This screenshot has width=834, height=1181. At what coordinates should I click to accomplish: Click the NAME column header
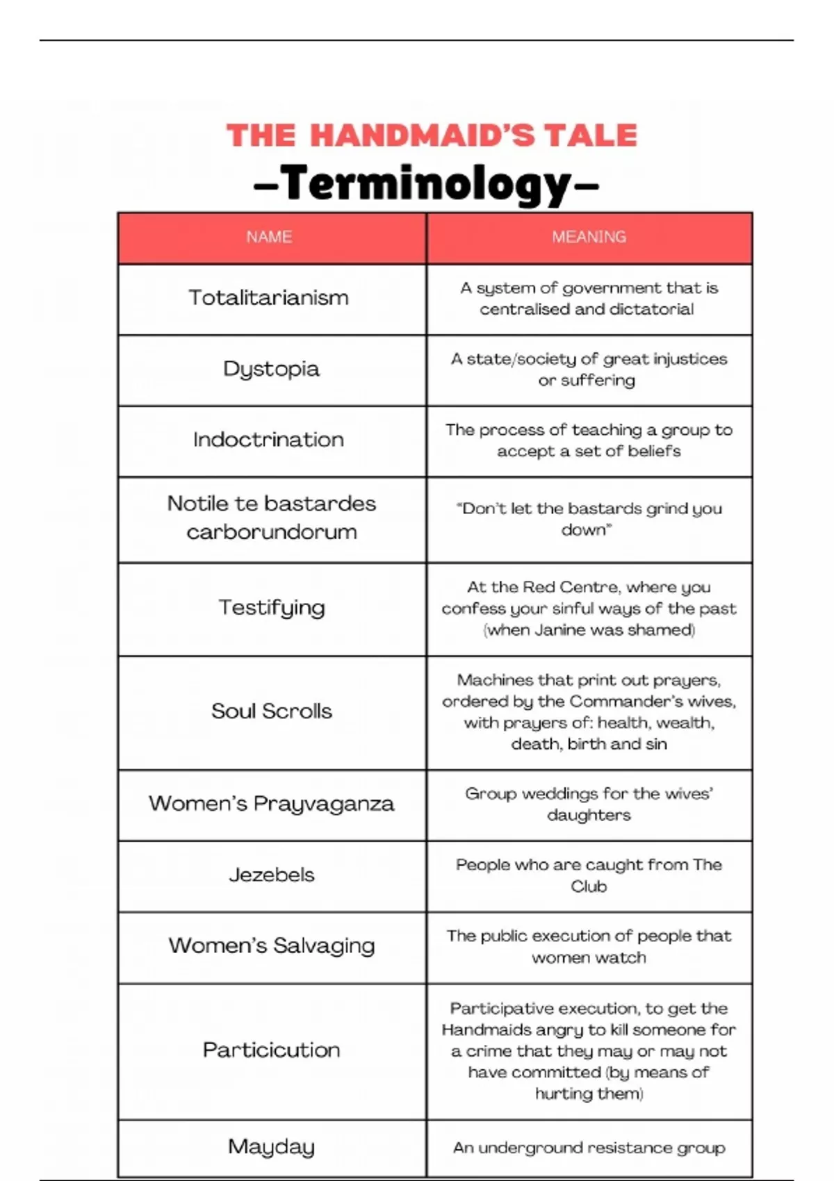point(269,237)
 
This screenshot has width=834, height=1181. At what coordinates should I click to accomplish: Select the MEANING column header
point(589,237)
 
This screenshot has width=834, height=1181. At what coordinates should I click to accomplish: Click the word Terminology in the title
point(427,184)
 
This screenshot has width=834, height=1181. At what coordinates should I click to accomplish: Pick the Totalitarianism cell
point(269,298)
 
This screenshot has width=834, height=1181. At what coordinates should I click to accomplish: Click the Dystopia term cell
point(271,369)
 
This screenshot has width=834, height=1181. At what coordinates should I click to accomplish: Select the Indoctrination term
point(269,440)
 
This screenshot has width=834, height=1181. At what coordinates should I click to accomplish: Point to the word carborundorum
point(272,532)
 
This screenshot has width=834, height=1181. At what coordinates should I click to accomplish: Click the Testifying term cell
point(272,608)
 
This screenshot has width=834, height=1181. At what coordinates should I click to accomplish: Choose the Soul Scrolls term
point(272,711)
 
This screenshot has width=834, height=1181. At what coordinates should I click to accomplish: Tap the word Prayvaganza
point(324,804)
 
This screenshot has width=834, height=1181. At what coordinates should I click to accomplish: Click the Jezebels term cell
point(272,875)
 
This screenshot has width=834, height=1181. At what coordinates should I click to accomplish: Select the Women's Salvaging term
point(272,945)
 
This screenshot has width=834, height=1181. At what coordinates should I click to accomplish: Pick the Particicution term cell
point(272,1050)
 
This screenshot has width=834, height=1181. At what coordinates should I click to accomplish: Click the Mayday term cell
point(272,1147)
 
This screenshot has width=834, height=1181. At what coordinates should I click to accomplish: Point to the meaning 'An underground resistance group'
point(589,1148)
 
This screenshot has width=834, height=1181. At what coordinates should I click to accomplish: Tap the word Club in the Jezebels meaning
point(589,886)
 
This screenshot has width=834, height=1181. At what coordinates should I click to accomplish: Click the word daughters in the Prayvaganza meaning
point(589,815)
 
